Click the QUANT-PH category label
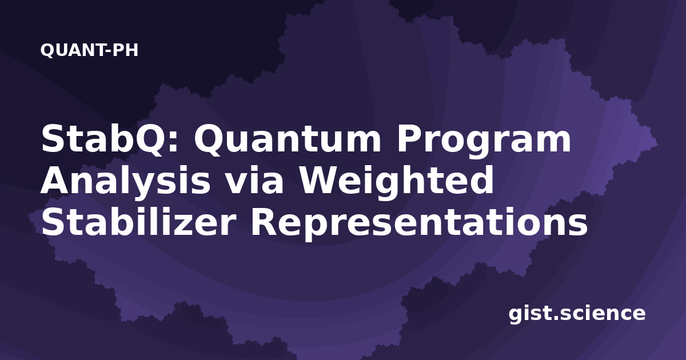pos(89,50)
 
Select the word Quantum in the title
pos(288,139)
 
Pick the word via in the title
pos(256,181)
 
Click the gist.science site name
pos(577,314)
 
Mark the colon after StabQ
pos(173,143)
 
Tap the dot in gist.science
pos(555,318)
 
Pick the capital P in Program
pos(410,139)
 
